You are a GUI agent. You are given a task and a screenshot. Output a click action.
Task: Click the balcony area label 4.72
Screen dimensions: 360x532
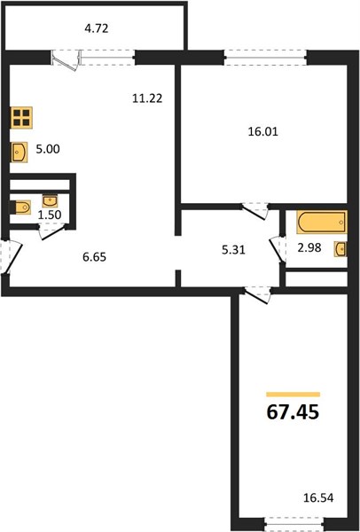[x=97, y=28]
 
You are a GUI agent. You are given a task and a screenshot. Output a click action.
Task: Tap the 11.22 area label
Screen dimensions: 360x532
[x=147, y=98]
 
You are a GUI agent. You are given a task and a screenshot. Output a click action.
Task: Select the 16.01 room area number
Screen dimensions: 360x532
[x=263, y=131]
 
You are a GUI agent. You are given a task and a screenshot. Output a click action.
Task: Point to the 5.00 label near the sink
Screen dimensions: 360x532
[x=48, y=149]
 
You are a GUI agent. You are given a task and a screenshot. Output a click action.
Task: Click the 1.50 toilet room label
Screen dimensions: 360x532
[x=50, y=215]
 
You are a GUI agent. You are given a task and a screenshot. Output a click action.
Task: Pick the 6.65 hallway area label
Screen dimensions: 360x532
[x=94, y=257]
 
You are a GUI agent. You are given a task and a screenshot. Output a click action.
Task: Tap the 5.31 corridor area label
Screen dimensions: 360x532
[x=233, y=250]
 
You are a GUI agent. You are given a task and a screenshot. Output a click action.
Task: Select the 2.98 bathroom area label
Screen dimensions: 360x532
[x=309, y=247]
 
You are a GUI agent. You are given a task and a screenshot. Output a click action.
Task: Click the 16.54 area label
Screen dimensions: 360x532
[x=318, y=498]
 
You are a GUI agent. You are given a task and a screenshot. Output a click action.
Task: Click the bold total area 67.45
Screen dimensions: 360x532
[x=293, y=412]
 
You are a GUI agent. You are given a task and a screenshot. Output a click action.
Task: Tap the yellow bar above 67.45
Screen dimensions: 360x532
[x=293, y=395]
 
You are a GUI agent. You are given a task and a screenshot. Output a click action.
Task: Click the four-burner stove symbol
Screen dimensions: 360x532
[x=21, y=117]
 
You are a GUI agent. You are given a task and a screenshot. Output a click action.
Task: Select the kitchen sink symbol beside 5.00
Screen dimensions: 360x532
[x=19, y=153]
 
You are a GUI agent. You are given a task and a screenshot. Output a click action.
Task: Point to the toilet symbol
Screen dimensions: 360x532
[x=20, y=207]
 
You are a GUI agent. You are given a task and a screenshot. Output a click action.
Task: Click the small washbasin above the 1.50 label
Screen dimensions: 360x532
[x=50, y=200]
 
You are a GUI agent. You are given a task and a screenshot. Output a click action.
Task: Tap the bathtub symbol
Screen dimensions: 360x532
[x=322, y=223]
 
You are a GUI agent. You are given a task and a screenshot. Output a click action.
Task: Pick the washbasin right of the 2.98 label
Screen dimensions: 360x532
[x=340, y=249]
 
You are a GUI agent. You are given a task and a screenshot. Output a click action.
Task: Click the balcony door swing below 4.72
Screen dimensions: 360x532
[x=67, y=60]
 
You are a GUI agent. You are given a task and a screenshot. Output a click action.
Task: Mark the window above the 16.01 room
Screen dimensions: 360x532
[x=266, y=57]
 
